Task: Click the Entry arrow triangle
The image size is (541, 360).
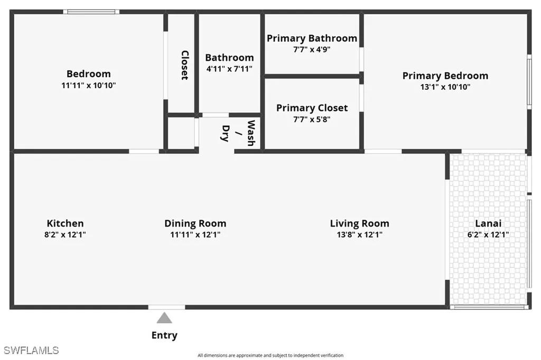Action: coord(164,318)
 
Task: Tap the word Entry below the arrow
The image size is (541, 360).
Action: coord(164,335)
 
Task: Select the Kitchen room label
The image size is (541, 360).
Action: coord(65,223)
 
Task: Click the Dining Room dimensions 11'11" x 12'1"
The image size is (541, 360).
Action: coord(195,235)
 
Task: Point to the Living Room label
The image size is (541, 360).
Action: coord(359,224)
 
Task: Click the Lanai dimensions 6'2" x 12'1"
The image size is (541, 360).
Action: coord(488,235)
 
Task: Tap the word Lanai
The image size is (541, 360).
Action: coord(488,223)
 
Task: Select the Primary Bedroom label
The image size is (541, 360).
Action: coord(445,76)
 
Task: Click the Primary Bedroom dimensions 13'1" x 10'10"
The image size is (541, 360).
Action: coord(445,87)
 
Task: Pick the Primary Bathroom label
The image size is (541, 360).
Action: coord(312,38)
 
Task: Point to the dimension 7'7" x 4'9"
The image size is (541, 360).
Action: coord(312,49)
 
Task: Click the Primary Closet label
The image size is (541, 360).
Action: coord(312,108)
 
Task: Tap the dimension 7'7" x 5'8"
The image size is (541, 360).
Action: coord(312,119)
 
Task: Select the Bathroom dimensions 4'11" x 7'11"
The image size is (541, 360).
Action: coord(229,69)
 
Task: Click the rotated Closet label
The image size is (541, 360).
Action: coord(185,65)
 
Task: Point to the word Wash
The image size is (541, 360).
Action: coord(251,133)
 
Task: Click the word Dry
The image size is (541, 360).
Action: coord(225,133)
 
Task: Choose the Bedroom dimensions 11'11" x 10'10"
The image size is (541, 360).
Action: coord(89,85)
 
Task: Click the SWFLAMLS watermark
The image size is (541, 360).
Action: coord(31,350)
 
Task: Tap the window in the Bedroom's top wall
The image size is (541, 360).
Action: coord(91,12)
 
